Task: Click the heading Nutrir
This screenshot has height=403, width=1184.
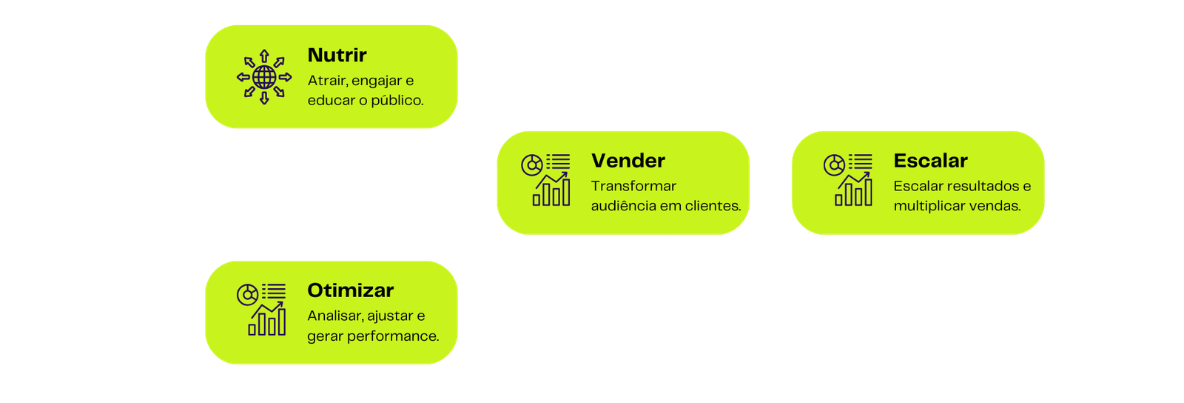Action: point(337,56)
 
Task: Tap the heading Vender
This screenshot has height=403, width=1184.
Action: point(628,161)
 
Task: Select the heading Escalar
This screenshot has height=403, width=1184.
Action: point(930,161)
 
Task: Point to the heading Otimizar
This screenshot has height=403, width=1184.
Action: point(350,290)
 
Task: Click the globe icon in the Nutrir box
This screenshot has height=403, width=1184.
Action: point(264,77)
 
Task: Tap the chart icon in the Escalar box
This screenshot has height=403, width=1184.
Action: point(848,180)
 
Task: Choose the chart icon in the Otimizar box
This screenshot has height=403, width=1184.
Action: point(261,310)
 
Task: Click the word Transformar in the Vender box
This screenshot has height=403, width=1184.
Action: point(633,186)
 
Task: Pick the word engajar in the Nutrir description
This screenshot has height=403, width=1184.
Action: point(377,81)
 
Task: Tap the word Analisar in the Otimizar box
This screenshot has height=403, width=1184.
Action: point(334,316)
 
